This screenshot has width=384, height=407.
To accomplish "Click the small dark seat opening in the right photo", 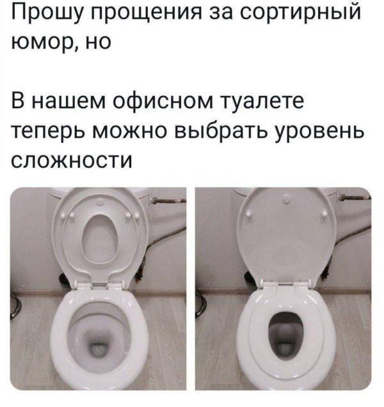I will pos(284,331).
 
